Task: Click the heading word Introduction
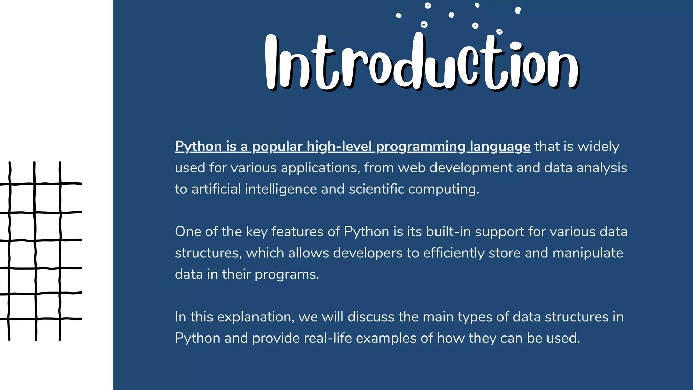click(x=421, y=63)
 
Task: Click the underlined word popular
click(x=277, y=147)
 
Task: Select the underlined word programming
click(x=421, y=147)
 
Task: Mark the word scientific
click(x=376, y=189)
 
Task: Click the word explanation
click(x=255, y=317)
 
